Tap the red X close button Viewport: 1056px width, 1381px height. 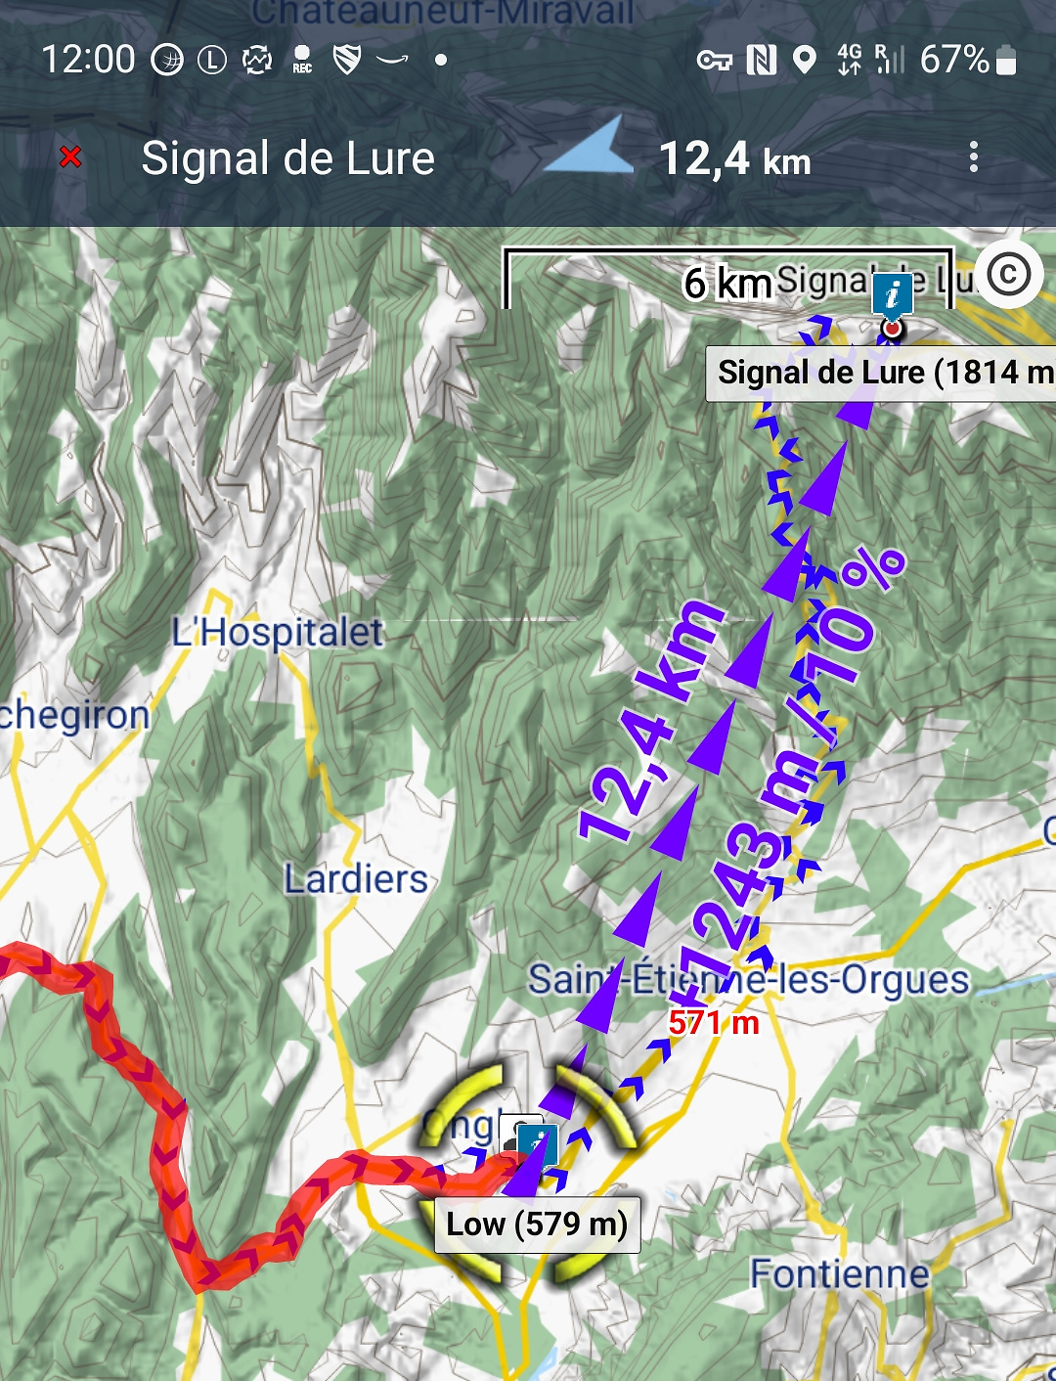(70, 156)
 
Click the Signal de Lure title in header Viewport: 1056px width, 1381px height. (287, 158)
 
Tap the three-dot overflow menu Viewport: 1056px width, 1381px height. (973, 157)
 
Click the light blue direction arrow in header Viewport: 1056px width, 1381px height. (590, 148)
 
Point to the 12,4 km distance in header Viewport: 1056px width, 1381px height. (734, 159)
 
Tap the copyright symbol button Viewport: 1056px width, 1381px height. (1008, 275)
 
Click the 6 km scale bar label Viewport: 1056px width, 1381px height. (727, 284)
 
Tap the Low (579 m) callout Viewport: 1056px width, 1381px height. (537, 1225)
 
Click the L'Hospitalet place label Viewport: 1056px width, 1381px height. (277, 633)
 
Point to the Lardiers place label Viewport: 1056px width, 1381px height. (356, 879)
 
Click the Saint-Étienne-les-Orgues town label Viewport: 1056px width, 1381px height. (748, 979)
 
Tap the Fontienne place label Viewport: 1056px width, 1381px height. (839, 1273)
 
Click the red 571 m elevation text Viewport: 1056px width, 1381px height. (714, 1023)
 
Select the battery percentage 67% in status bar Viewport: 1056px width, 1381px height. (954, 60)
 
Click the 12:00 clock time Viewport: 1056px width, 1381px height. (88, 60)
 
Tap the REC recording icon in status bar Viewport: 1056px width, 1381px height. (302, 60)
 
